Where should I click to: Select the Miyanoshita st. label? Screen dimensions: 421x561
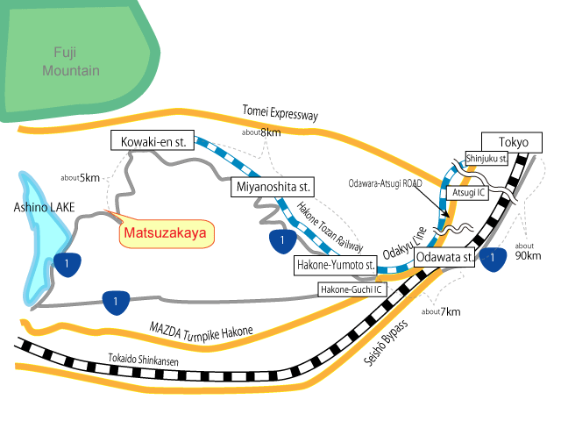coord(273,187)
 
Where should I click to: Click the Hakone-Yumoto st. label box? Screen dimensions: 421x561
coord(334,264)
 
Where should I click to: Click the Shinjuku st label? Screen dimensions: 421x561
coord(487,157)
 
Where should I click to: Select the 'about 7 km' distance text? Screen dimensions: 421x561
coord(440,311)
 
